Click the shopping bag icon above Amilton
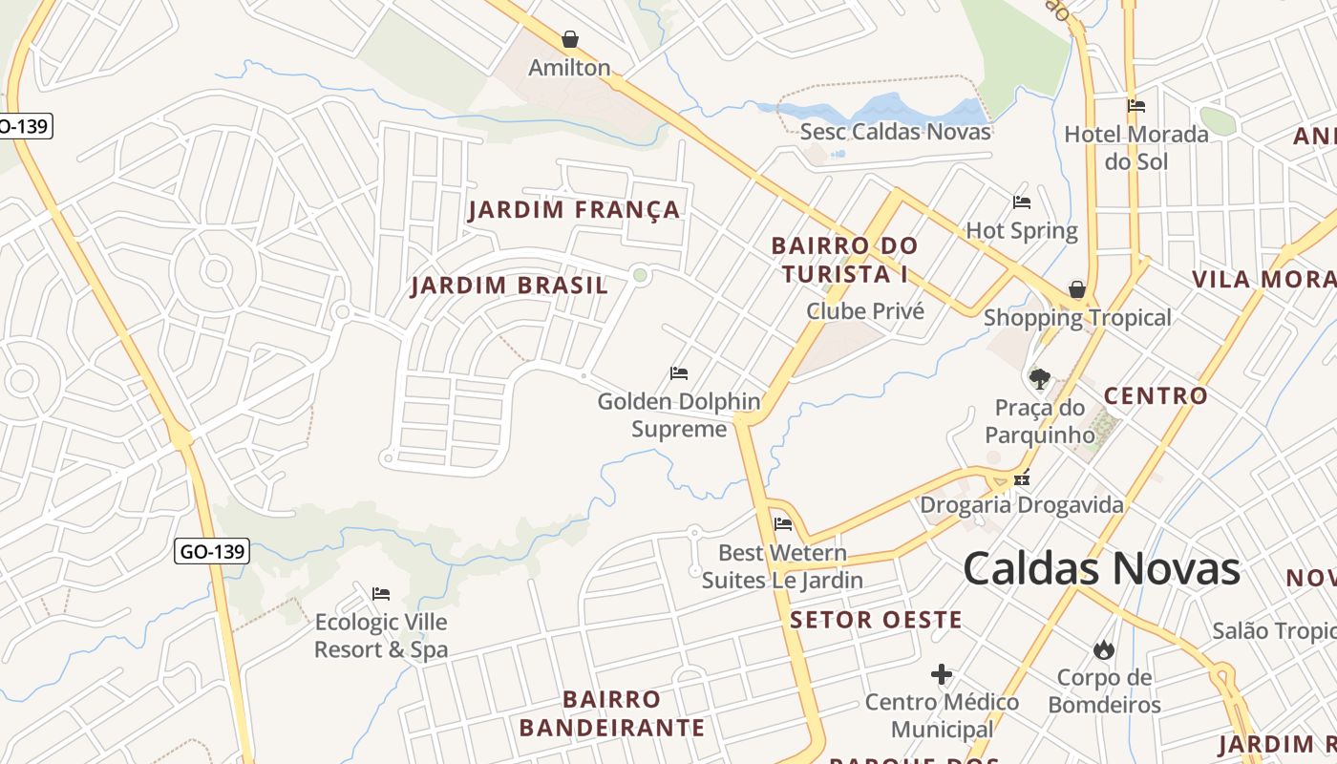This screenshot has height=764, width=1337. coord(570,39)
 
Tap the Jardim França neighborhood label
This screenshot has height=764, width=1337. coord(574,210)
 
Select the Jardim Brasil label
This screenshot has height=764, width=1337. coord(509,286)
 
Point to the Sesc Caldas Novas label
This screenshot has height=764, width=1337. coord(895,131)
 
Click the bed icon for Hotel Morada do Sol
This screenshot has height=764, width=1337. coord(1135,106)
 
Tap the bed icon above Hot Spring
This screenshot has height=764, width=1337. coord(1021,202)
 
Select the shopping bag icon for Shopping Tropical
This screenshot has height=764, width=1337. coord(1077,289)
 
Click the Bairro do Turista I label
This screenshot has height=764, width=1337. coord(844,260)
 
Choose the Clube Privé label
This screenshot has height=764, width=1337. coord(865,310)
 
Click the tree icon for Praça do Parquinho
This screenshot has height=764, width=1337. coord(1040,379)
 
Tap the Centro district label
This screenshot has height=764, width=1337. coord(1156,395)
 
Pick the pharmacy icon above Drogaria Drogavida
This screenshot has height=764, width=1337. coord(1023,479)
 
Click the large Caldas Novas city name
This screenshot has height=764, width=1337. coord(1101,568)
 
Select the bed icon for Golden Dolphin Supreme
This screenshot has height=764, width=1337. coord(679,372)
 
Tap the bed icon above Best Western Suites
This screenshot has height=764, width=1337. coord(783,523)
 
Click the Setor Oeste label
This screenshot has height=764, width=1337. coord(876,620)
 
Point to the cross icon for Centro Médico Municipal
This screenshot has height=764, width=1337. coord(942,674)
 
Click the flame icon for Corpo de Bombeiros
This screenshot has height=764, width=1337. coord(1104,650)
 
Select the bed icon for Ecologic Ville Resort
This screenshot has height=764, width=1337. coord(381,594)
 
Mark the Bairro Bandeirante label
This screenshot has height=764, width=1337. coord(611,713)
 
